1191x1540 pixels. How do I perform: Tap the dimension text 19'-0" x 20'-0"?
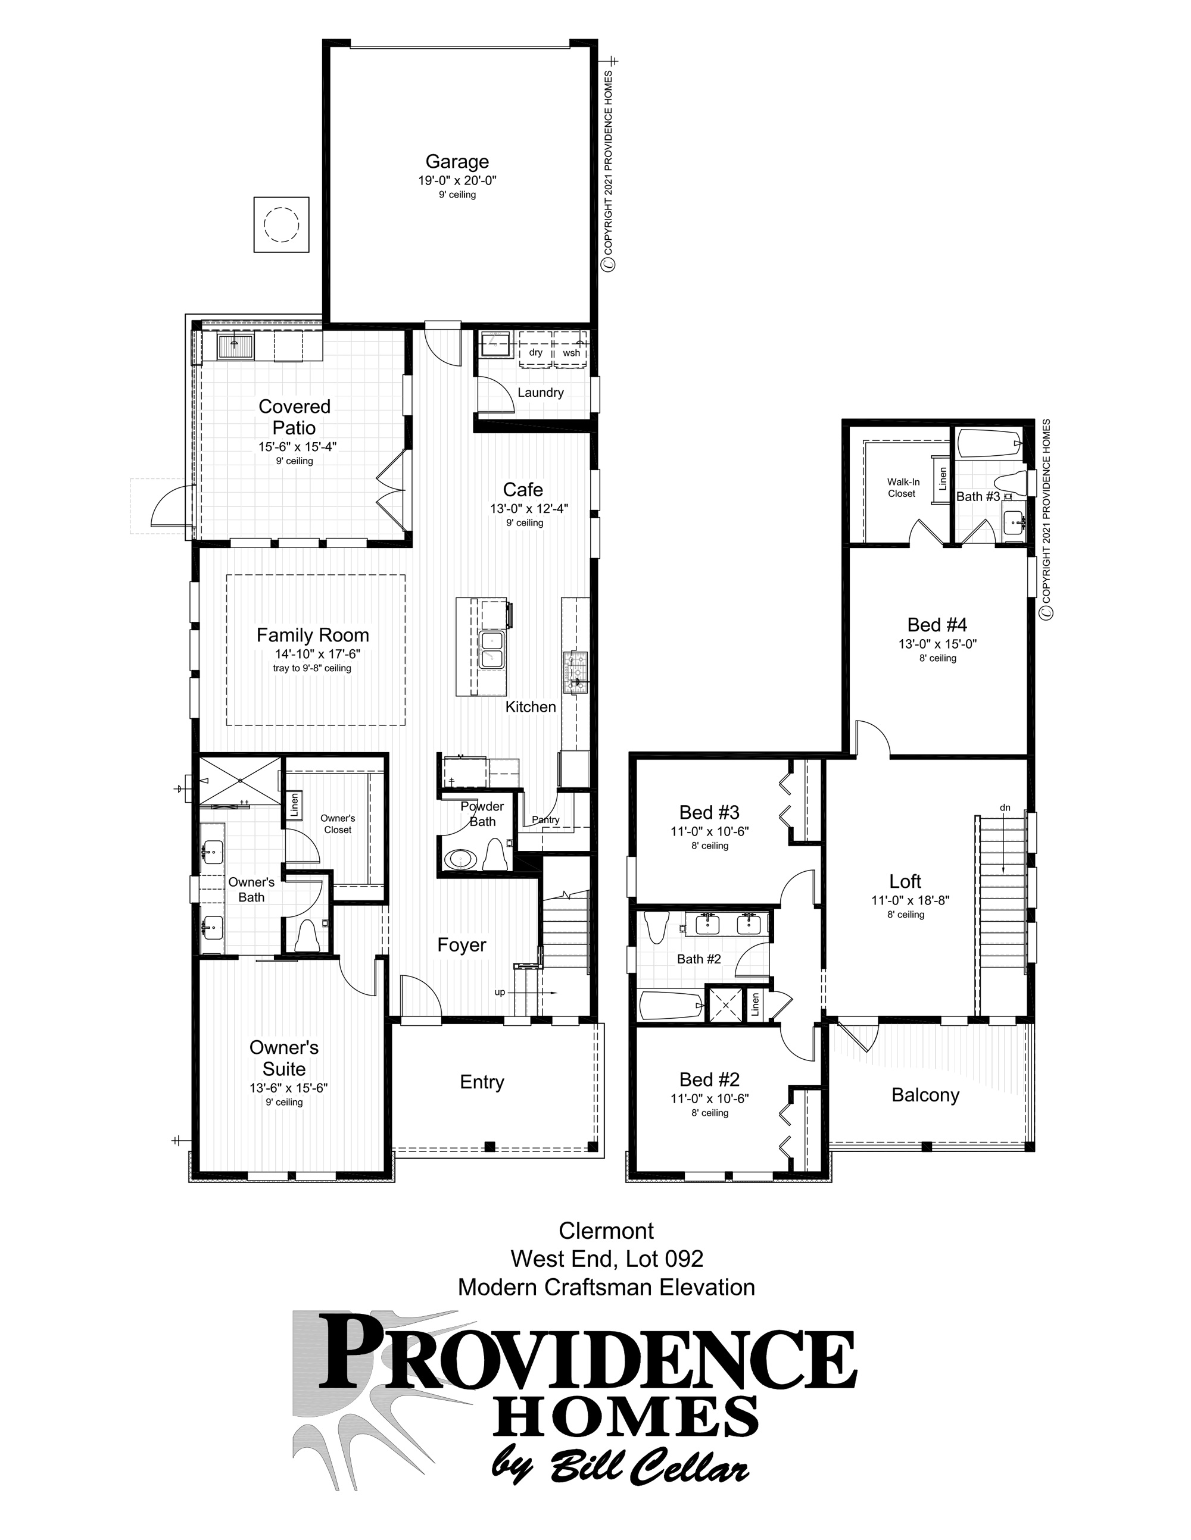(x=457, y=180)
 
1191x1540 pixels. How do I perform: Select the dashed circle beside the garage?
(x=281, y=225)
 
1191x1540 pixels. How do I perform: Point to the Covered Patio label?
(x=294, y=417)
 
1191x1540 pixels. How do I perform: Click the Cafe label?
(x=523, y=489)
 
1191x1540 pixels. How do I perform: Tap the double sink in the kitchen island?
(x=491, y=649)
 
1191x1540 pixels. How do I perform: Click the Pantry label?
(x=545, y=819)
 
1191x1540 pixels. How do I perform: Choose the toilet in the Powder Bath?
(x=496, y=856)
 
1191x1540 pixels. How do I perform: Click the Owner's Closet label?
(x=337, y=824)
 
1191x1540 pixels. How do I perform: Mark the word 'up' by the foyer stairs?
(x=500, y=992)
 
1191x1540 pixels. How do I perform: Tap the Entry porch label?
(x=482, y=1082)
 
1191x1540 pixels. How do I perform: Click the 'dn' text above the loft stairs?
(x=1005, y=807)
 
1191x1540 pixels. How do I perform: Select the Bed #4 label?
(x=937, y=625)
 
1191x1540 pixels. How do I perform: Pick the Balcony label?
(x=925, y=1095)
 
